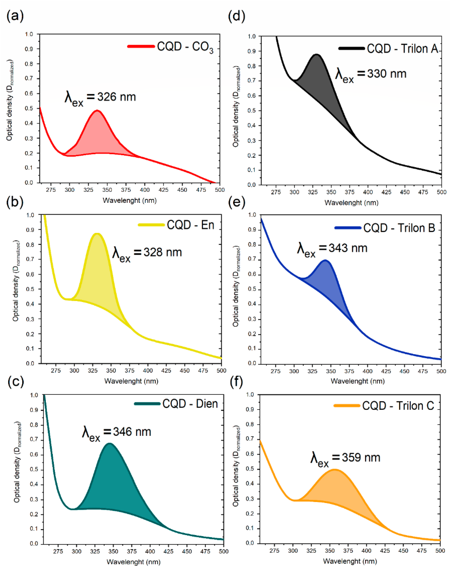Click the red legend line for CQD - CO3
coord(141,46)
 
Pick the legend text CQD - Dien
coord(190,404)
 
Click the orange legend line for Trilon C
coord(347,406)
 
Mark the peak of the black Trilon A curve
coord(316,55)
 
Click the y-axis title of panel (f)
coord(236,466)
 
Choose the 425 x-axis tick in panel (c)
coord(169,551)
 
